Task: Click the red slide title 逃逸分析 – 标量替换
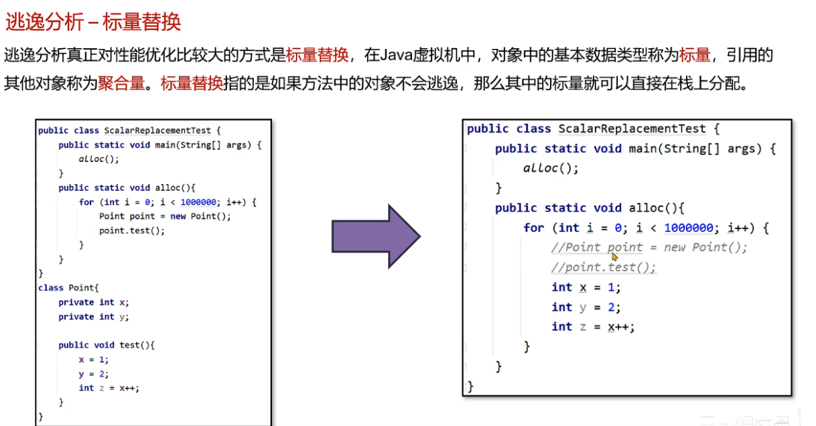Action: [93, 22]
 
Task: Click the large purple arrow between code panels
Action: [375, 236]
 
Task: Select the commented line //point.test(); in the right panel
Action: [604, 267]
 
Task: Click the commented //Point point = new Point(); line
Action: [649, 247]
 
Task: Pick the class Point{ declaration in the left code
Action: [68, 287]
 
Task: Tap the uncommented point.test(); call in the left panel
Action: [131, 230]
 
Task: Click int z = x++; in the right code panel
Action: [593, 327]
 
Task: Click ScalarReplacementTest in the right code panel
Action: [632, 129]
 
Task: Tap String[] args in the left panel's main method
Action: [214, 145]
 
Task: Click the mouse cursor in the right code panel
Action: [614, 256]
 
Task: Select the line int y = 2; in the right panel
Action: [586, 307]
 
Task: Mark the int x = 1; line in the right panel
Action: [586, 287]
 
